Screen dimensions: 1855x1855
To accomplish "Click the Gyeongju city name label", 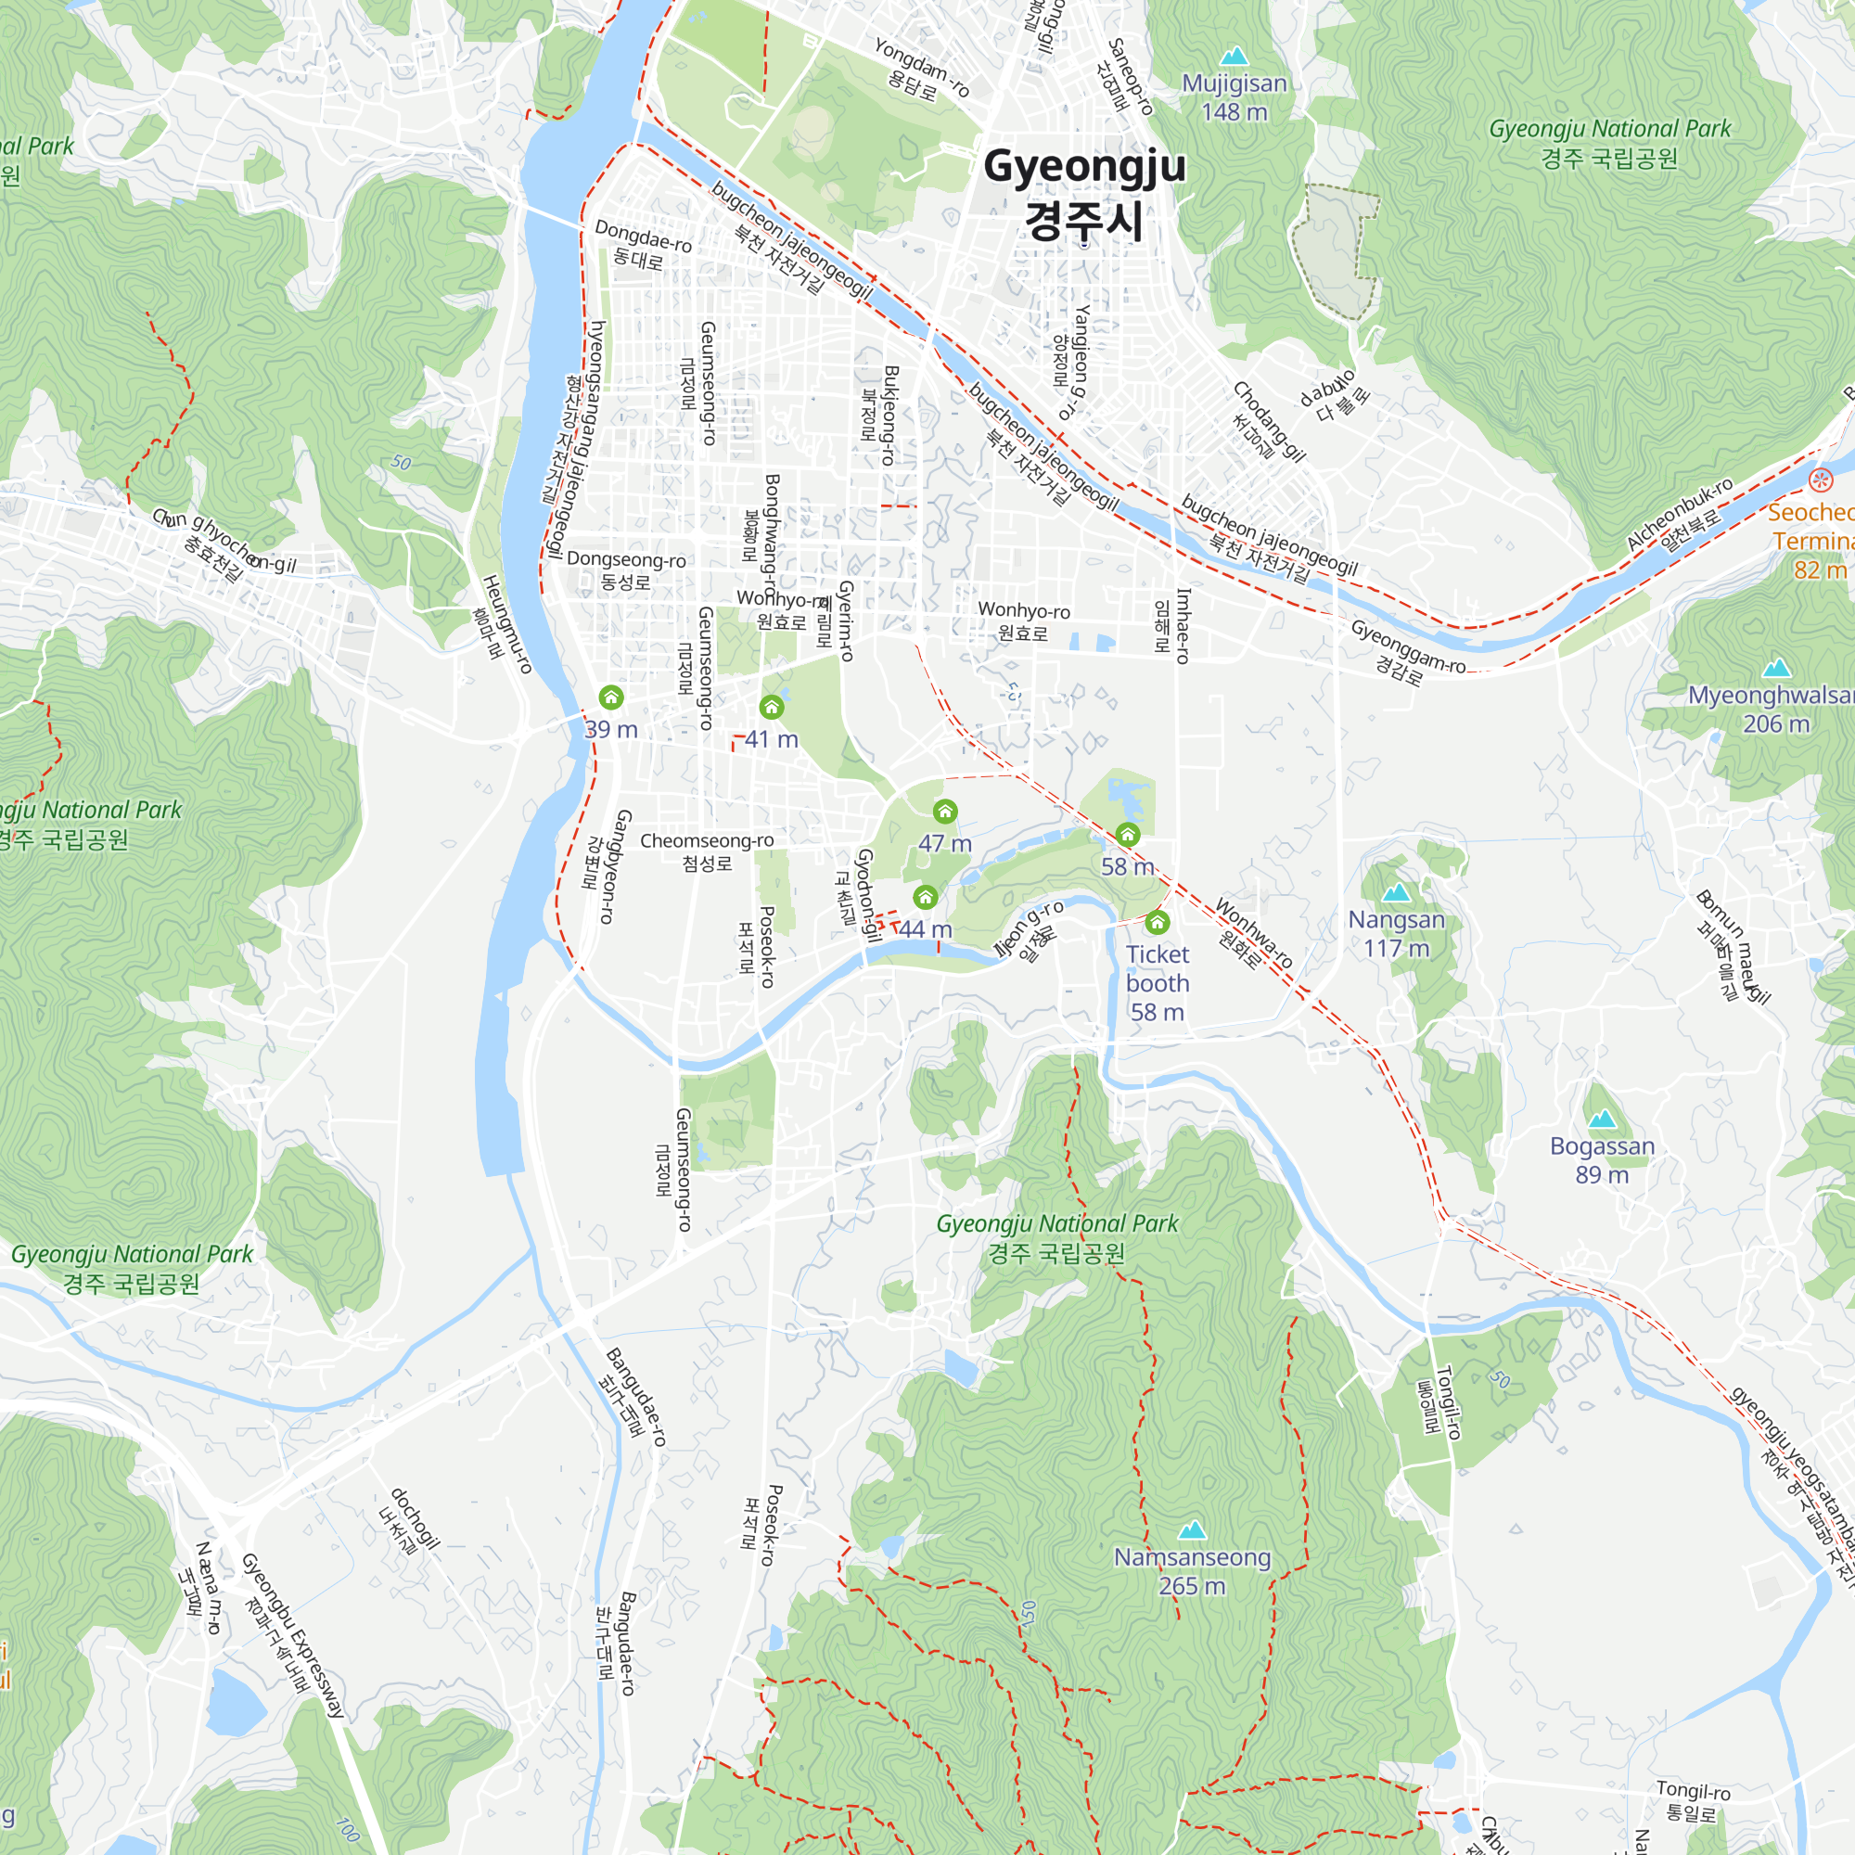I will [x=1084, y=192].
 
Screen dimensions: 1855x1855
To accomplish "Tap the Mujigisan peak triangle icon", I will [x=1234, y=57].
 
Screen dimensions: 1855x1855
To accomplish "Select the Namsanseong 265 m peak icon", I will [x=1192, y=1529].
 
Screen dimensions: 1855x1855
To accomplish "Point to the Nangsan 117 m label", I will [x=1396, y=933].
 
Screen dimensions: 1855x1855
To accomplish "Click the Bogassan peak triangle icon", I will [x=1602, y=1119].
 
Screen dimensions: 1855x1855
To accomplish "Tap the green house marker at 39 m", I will [x=610, y=697].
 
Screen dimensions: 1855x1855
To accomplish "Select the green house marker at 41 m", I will [x=771, y=708].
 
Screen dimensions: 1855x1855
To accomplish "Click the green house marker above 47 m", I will [x=945, y=812].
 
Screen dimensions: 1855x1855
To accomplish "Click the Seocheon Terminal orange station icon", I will [x=1820, y=480].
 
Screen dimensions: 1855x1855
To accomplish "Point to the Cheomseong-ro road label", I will [x=707, y=851].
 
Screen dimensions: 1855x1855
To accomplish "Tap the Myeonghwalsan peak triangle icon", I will [x=1776, y=667].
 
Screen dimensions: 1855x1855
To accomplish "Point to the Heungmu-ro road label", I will [x=505, y=624].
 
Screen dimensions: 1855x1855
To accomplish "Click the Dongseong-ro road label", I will [x=626, y=570].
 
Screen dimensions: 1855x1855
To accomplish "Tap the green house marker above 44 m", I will [x=925, y=897].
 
